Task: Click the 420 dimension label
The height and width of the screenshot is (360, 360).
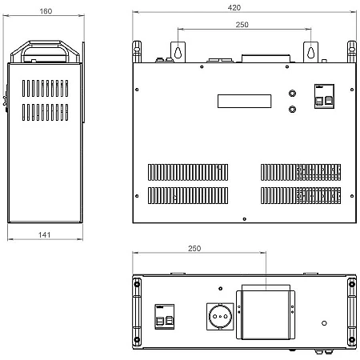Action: pos(234,7)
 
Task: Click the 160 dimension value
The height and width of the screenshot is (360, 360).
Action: pos(46,11)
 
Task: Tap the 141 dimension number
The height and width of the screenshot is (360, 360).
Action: pos(44,234)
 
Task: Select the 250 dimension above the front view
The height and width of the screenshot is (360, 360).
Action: pos(242,25)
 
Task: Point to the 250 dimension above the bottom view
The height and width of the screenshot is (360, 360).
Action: pos(194,248)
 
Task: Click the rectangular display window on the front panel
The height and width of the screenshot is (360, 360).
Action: pos(245,101)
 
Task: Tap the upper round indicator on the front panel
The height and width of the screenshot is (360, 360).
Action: pos(292,93)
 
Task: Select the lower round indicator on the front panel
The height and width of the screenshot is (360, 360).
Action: pos(292,109)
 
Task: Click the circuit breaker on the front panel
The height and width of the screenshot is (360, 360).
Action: pos(324,96)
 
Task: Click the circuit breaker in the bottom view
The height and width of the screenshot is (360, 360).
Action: pos(165,317)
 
